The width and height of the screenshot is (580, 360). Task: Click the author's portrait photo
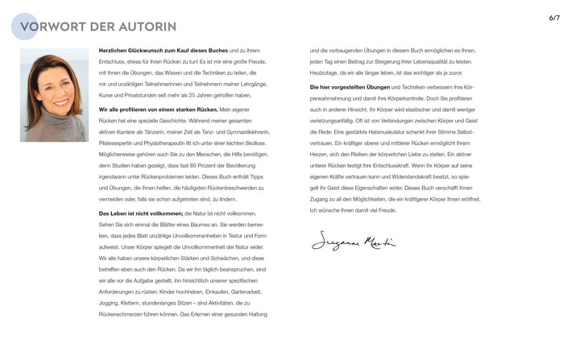point(54,95)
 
